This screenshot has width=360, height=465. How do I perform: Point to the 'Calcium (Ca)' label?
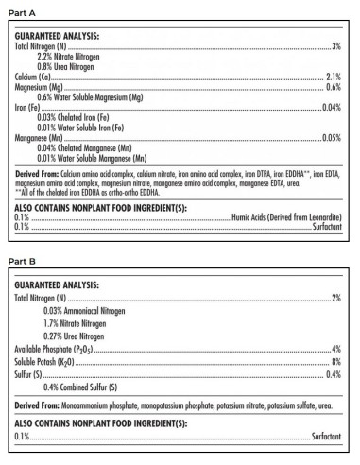(x=32, y=76)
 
